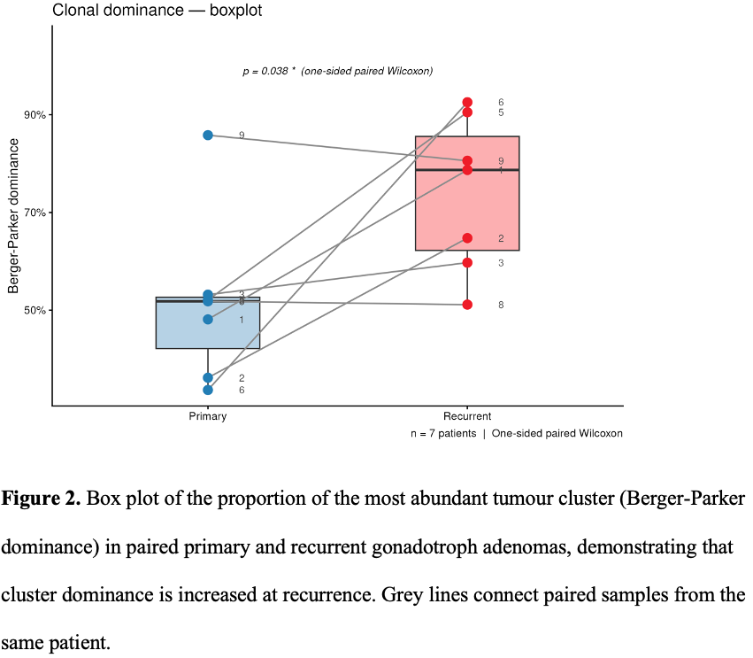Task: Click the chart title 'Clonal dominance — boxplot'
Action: pos(157,10)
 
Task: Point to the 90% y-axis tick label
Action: pos(35,115)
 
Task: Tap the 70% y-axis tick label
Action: pos(35,213)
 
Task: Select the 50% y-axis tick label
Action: pos(35,310)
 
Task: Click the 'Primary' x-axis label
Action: pos(207,416)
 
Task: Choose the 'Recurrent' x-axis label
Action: pos(467,416)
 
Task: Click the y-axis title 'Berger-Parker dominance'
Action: pos(13,216)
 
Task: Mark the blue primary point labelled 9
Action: pos(208,135)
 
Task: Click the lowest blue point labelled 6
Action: pos(208,390)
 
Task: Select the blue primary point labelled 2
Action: pos(208,378)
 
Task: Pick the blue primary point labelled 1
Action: pos(208,319)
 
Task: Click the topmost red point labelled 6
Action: pos(467,103)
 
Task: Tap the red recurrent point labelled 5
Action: pos(467,112)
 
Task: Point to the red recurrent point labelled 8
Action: pos(467,305)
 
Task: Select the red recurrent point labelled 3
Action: pos(467,262)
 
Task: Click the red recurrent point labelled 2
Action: pos(467,238)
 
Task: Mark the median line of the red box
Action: pos(467,170)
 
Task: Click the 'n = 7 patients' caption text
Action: pos(443,434)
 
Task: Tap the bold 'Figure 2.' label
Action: pos(41,499)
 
